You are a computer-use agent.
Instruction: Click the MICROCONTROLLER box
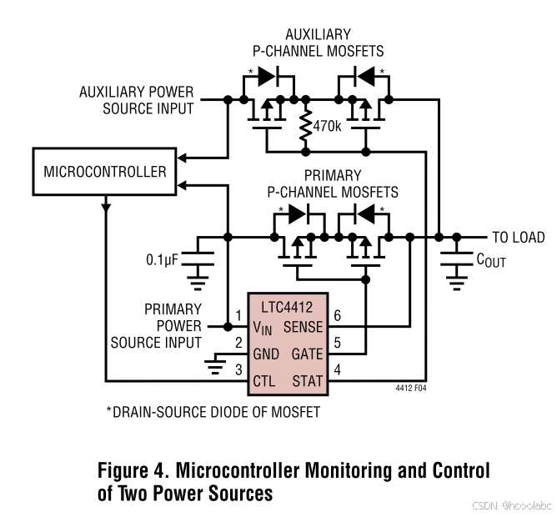pyautogui.click(x=105, y=173)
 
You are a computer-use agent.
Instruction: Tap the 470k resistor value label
pyautogui.click(x=328, y=127)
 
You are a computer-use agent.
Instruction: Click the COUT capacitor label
pyautogui.click(x=490, y=260)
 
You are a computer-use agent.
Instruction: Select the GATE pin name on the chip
pyautogui.click(x=306, y=354)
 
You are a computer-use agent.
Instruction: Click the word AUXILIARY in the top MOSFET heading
pyautogui.click(x=318, y=34)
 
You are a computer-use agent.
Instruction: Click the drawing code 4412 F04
pyautogui.click(x=411, y=388)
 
